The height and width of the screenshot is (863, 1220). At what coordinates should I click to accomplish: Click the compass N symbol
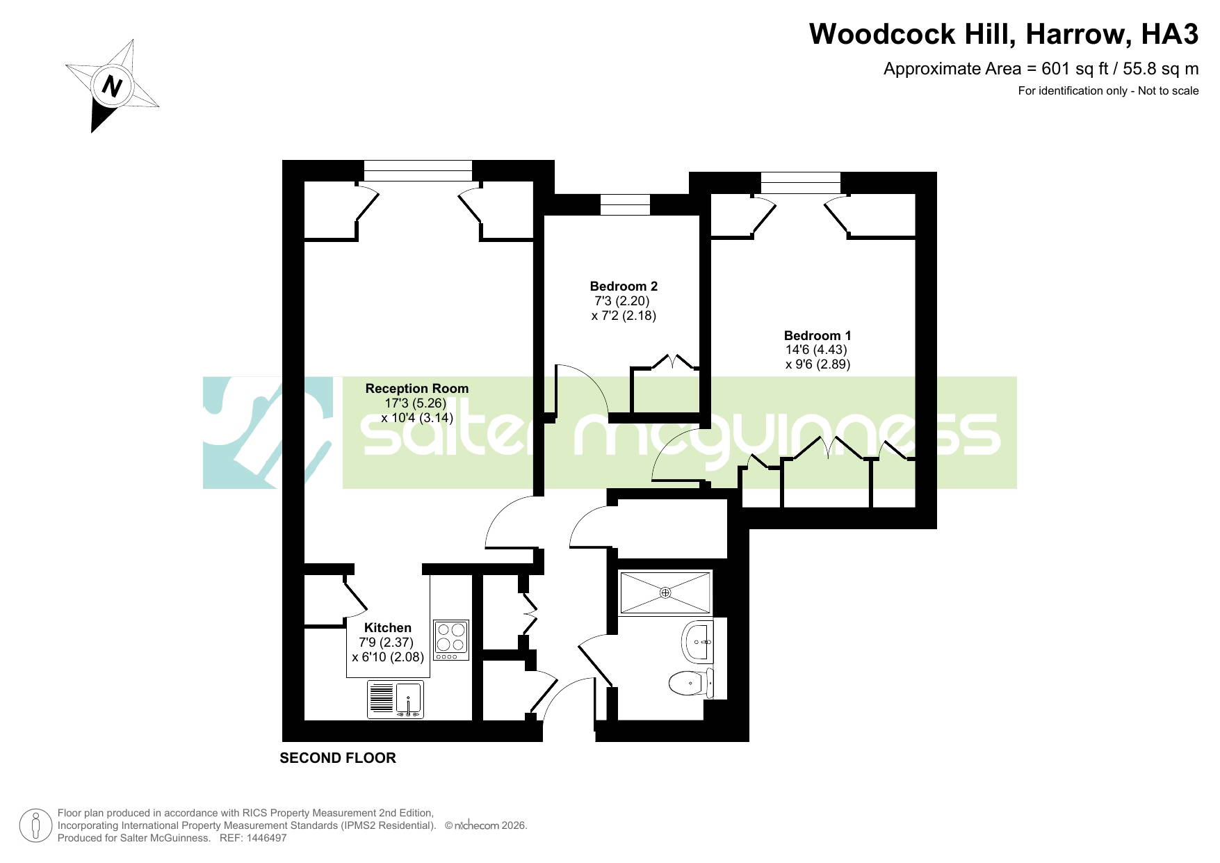112,86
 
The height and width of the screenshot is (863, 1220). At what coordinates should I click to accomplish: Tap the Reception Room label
417,389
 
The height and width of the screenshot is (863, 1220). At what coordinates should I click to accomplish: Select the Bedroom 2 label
624,287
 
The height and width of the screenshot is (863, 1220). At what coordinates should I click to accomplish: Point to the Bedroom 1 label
818,336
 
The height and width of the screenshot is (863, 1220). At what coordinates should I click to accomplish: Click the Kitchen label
388,628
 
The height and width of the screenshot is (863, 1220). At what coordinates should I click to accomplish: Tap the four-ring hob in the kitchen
451,640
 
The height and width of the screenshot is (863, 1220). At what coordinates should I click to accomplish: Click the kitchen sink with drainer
396,700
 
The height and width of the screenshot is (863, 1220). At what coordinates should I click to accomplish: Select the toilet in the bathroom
691,683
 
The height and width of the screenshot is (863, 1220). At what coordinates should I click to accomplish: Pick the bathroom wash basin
698,642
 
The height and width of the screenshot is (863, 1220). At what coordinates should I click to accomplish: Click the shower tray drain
665,592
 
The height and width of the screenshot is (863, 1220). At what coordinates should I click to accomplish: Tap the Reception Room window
418,171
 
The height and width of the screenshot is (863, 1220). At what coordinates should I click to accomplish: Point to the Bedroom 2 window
625,205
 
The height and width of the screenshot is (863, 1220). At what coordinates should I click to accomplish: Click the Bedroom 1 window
801,183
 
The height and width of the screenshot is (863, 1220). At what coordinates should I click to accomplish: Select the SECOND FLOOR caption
338,758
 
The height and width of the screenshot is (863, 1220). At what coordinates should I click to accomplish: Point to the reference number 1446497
263,838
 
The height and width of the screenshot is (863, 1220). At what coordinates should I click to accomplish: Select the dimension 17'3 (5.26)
416,403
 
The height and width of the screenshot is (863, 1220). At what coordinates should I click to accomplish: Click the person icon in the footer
35,826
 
